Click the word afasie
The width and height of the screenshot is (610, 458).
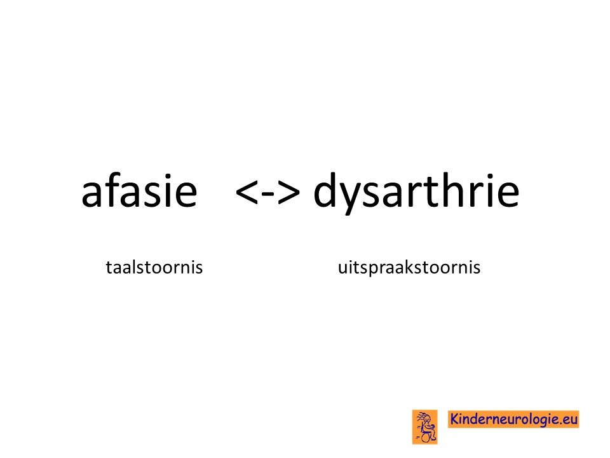pyautogui.click(x=139, y=191)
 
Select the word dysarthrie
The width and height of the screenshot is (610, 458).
pyautogui.click(x=416, y=193)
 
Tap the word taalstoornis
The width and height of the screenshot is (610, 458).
pyautogui.click(x=154, y=268)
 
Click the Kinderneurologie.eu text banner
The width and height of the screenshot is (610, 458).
pyautogui.click(x=513, y=419)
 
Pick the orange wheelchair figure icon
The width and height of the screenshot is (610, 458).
pyautogui.click(x=425, y=427)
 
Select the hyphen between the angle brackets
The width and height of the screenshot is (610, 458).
pyautogui.click(x=268, y=193)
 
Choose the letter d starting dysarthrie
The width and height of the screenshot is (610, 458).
pyautogui.click(x=325, y=190)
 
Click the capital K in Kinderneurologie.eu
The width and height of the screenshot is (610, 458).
pyautogui.click(x=455, y=419)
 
